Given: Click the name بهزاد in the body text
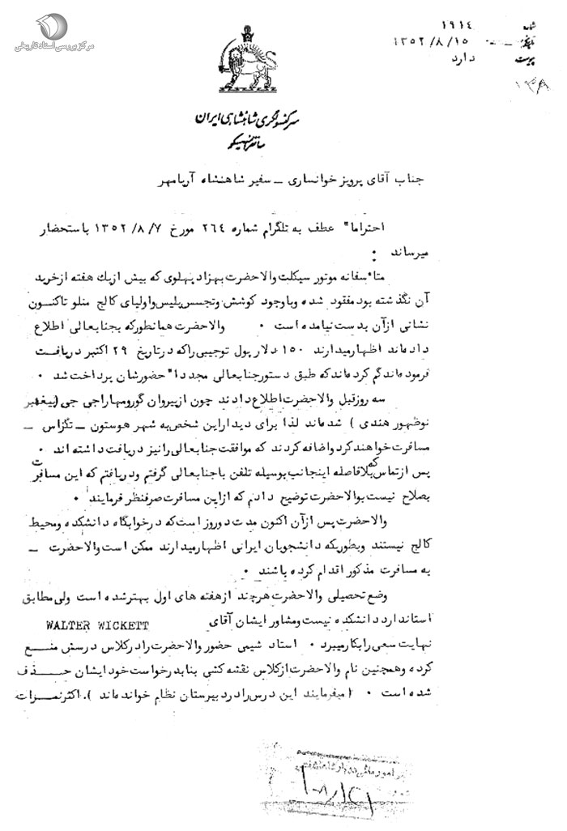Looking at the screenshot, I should (296, 276).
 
